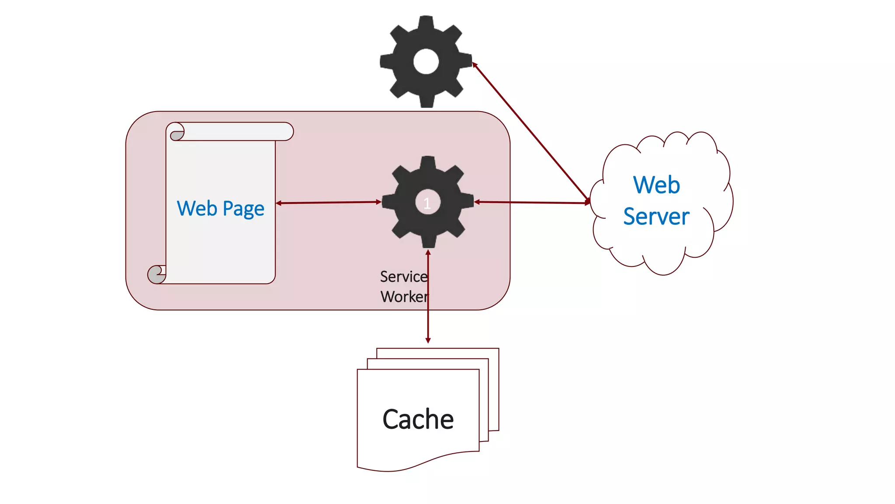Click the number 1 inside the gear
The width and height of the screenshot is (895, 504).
pos(427,203)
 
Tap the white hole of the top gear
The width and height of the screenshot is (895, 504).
pos(426,61)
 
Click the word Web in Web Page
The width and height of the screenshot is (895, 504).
pos(197,208)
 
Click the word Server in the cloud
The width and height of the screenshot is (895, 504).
pos(656,217)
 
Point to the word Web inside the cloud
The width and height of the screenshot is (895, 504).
pos(656,185)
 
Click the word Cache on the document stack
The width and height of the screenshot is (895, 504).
pos(418,419)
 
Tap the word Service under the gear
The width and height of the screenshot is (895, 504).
pos(403,276)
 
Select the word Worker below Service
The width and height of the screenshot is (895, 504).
pos(404,297)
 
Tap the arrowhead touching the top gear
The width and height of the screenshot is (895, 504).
pos(475,65)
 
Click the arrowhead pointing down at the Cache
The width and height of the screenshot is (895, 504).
pos(428,340)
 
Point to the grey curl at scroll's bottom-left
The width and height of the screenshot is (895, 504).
pos(156,275)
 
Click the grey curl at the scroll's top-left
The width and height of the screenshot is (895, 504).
pos(177,135)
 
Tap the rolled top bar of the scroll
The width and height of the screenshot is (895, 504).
pos(236,131)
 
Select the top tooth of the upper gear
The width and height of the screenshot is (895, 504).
pos(426,21)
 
